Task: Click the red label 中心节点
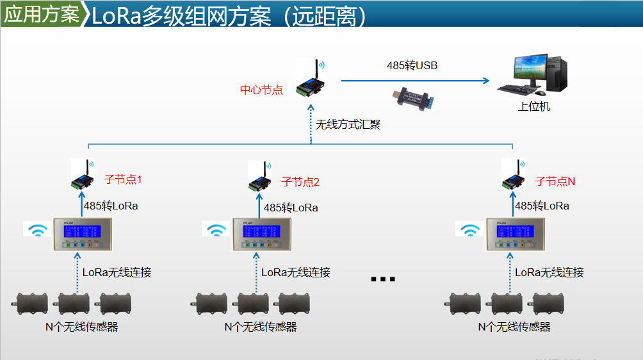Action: point(261,90)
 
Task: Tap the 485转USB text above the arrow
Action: point(412,65)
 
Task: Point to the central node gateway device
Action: point(311,80)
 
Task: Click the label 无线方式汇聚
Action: point(348,125)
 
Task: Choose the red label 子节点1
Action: point(122,180)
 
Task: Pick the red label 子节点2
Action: point(300,182)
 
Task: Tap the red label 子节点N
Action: point(555,181)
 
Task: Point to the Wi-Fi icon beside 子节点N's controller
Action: point(471,229)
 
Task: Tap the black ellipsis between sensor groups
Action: point(383,279)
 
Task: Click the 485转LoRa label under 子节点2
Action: point(291,208)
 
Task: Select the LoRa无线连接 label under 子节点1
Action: point(117,272)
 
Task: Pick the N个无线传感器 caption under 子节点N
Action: point(514,327)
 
